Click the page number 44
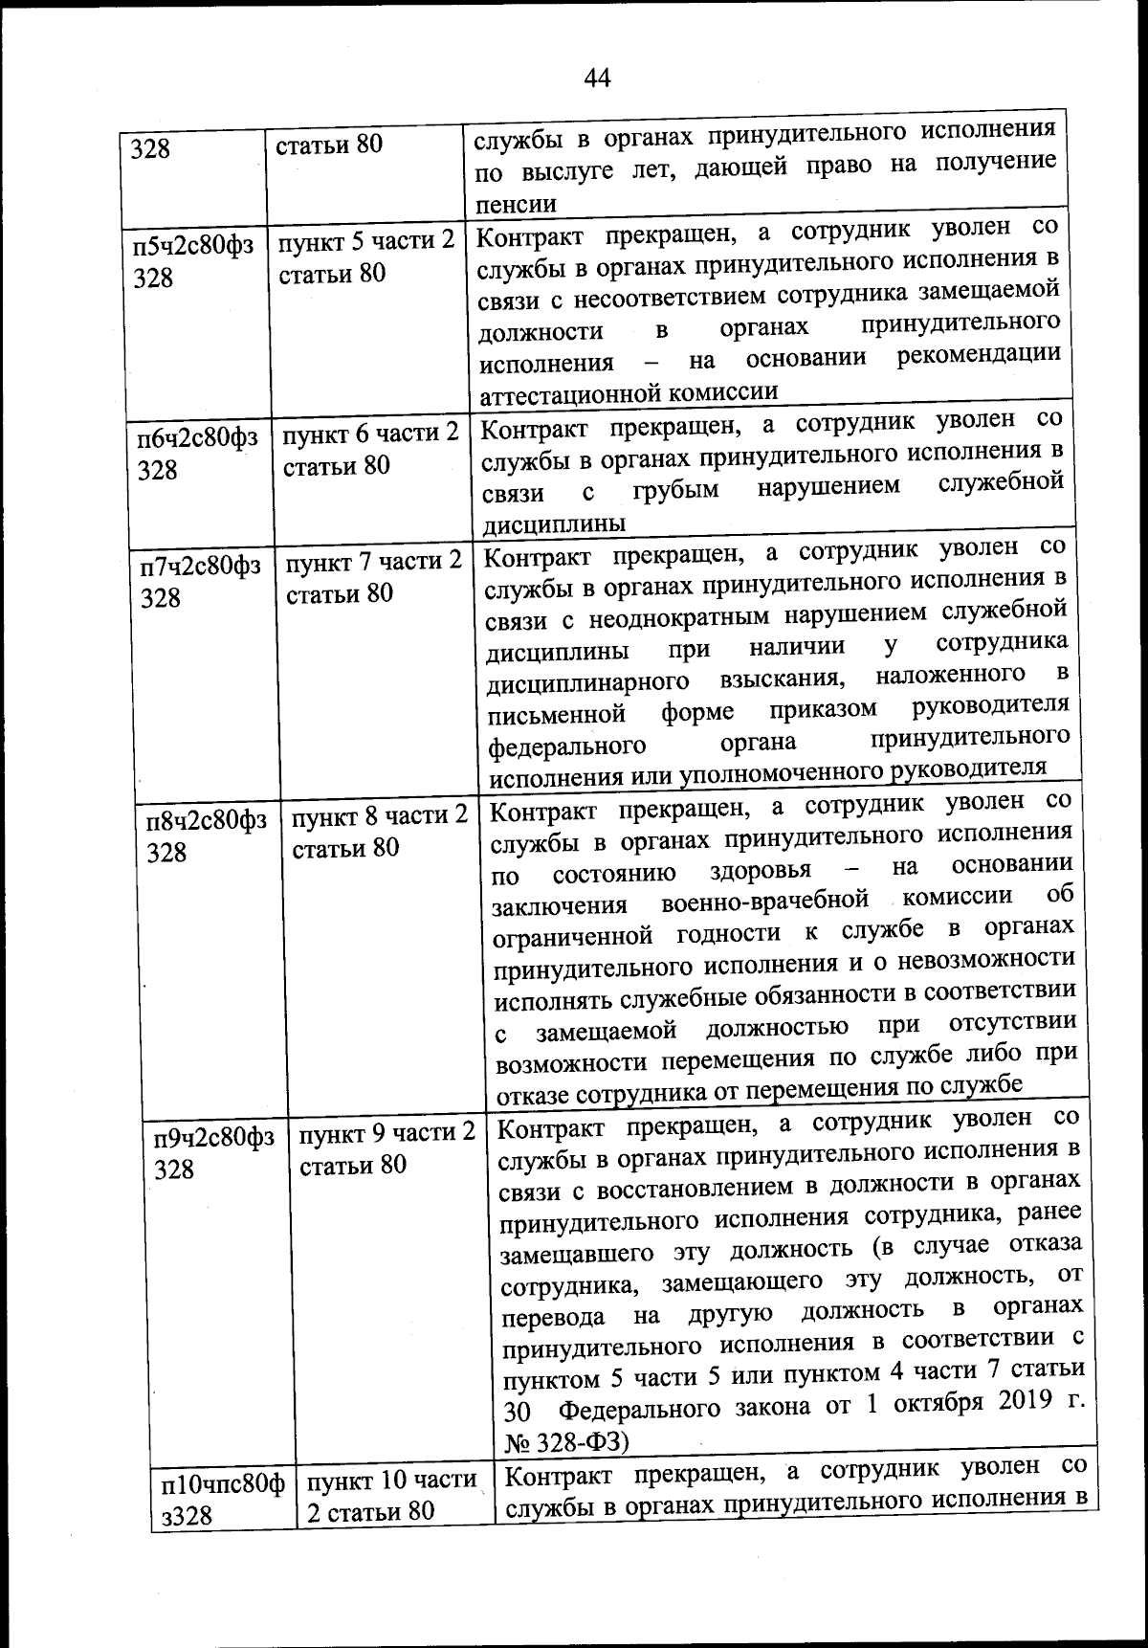(597, 78)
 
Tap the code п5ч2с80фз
(193, 245)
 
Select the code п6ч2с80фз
(197, 438)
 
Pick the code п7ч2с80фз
(201, 566)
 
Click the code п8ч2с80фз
(207, 821)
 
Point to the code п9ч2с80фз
(214, 1138)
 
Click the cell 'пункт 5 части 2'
(366, 241)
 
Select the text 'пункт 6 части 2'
(370, 434)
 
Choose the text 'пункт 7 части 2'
(374, 562)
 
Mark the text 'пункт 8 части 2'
(380, 816)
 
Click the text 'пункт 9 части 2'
(387, 1133)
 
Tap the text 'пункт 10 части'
(392, 1481)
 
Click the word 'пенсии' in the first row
(517, 204)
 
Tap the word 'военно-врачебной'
(764, 900)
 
